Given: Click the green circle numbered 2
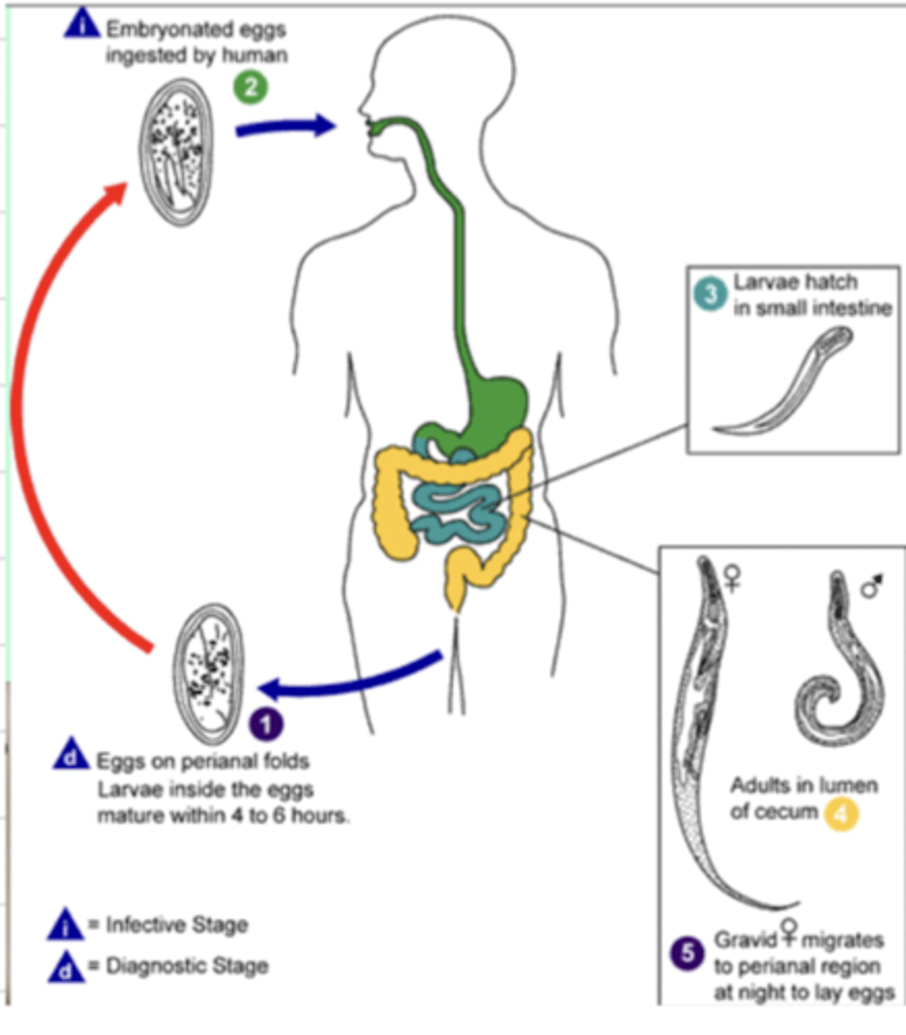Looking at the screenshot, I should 251,87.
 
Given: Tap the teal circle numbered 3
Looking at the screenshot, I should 712,294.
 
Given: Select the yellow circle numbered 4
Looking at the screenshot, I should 841,813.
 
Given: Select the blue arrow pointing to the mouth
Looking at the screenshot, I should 284,127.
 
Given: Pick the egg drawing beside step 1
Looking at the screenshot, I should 207,674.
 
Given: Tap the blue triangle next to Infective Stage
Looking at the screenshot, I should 66,925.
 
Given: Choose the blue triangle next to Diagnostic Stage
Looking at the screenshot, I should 66,966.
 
